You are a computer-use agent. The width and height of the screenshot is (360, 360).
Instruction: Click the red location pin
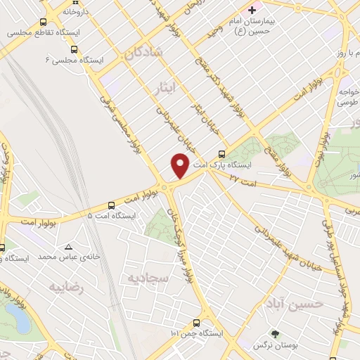click(x=180, y=165)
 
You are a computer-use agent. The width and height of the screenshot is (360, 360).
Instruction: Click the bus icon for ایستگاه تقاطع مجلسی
click(x=44, y=22)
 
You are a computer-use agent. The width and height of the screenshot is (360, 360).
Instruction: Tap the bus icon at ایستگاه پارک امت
click(x=222, y=155)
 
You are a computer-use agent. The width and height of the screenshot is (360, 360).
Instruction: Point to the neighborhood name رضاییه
click(x=65, y=287)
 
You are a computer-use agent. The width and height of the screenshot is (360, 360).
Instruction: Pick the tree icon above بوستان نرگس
click(x=275, y=334)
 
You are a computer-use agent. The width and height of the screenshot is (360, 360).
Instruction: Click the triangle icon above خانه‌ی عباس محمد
click(x=68, y=247)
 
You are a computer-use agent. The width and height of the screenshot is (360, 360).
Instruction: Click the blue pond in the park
click(x=20, y=321)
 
